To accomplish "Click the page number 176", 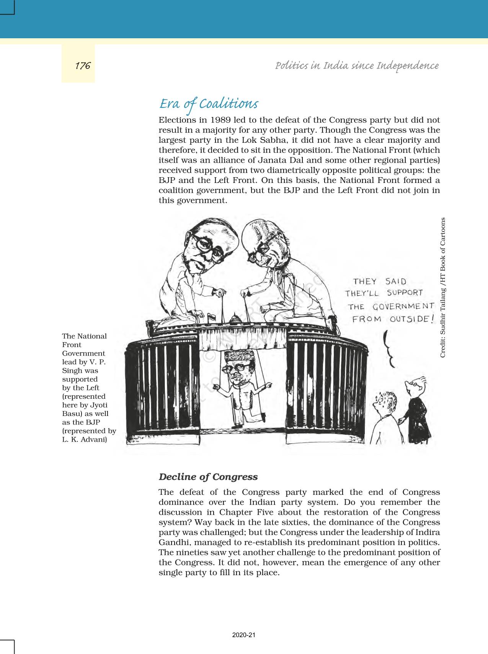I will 82,66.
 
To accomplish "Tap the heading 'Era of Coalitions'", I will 209,104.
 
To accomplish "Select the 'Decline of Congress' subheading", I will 208,477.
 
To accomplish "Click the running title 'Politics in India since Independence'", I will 357,66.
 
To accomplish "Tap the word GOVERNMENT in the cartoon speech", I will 403,306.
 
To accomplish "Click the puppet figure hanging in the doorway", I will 241,387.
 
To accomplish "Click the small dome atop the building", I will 234,318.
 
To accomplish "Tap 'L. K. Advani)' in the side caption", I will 85,439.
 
